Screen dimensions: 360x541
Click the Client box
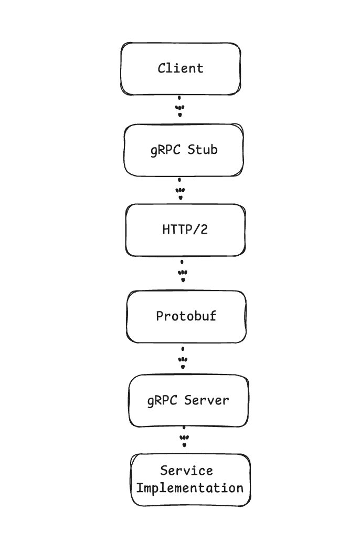[181, 69]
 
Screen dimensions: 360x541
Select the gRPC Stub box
[184, 150]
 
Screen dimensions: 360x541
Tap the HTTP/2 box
[186, 230]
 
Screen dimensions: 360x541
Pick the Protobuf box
[186, 317]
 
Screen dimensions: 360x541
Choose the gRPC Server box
[188, 401]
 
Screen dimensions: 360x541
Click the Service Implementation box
[190, 480]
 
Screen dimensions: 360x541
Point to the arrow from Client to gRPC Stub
[179, 106]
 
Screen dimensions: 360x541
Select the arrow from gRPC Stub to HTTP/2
[180, 189]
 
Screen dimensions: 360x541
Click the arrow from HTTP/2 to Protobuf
[183, 271]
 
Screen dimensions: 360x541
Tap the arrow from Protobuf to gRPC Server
[183, 358]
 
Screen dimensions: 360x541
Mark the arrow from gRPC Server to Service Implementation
[184, 436]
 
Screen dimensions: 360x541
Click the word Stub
[203, 150]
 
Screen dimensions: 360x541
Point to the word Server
[207, 400]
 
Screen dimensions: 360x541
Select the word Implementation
[190, 488]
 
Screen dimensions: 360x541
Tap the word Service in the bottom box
[186, 471]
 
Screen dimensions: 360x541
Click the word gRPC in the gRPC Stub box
[165, 150]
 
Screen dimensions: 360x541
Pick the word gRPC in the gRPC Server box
[162, 401]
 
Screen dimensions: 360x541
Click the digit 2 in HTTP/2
[204, 230]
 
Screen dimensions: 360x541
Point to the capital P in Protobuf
[160, 316]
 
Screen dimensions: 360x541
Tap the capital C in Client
[162, 68]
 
